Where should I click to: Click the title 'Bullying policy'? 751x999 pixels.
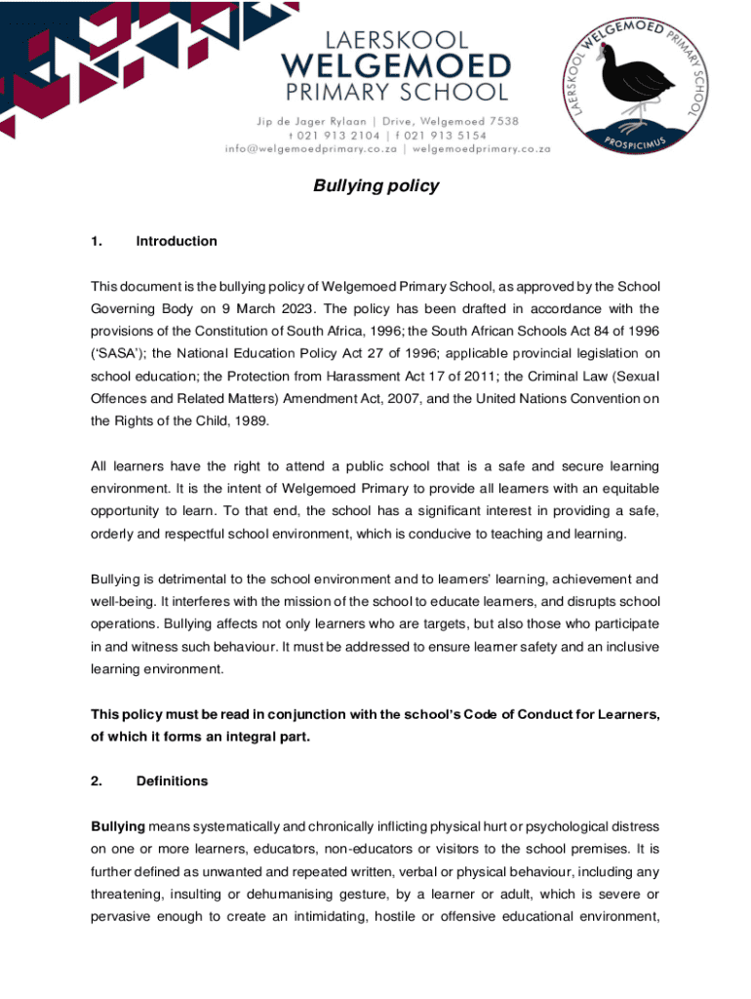pos(375,185)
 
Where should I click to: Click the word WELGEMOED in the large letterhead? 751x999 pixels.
pos(395,67)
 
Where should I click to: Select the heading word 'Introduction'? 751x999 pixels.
pos(177,241)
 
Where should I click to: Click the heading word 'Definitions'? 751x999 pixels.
pos(173,780)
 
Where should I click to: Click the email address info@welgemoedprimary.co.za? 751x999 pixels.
pos(312,149)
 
